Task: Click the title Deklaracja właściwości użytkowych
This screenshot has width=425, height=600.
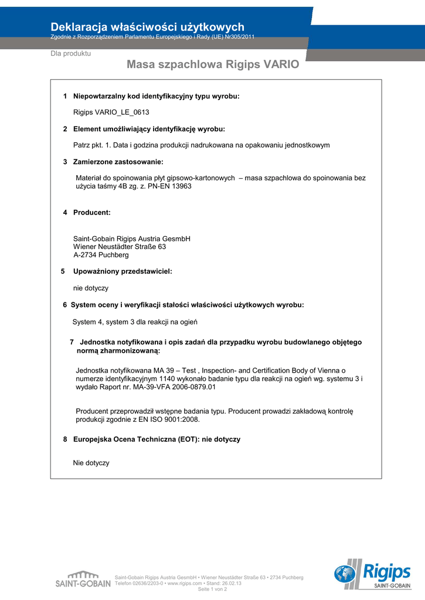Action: pos(147,26)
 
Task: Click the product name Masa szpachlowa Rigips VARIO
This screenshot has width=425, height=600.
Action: pos(213,64)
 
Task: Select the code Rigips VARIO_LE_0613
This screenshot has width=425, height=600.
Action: pos(107,112)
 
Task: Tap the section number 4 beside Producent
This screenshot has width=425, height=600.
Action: pos(65,212)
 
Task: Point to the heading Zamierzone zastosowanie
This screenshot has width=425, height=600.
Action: pos(118,162)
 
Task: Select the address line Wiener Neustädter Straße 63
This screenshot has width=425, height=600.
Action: pos(120,247)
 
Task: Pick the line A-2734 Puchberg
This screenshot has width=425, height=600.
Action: pos(101,255)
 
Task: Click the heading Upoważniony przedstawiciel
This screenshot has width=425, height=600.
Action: pos(123,271)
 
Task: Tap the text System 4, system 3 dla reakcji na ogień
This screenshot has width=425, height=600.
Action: pos(135,322)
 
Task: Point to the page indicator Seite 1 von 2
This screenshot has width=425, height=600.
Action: pos(213,589)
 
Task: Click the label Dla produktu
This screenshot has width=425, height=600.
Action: pos(70,53)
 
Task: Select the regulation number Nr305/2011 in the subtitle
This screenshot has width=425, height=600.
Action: pos(237,37)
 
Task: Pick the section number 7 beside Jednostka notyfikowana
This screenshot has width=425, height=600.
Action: pos(72,342)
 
